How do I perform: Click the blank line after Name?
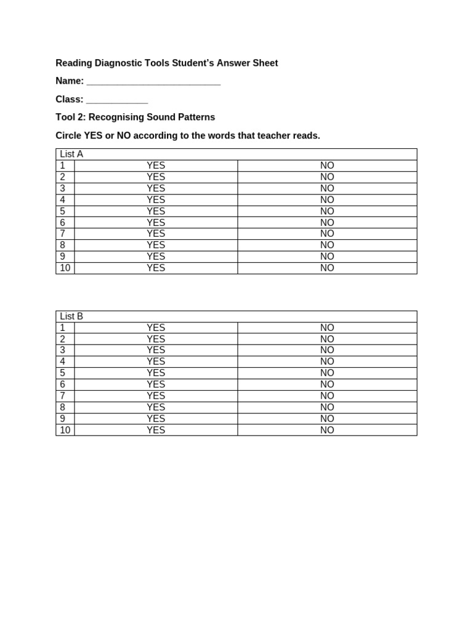153,82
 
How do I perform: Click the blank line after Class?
117,100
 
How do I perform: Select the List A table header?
71,154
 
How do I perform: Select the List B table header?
71,316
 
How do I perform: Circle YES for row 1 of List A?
156,165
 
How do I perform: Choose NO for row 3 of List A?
327,188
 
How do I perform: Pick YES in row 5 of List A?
156,211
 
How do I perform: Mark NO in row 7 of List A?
327,234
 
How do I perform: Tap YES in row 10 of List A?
156,268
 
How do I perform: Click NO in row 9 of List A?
327,257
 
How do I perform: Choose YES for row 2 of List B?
156,339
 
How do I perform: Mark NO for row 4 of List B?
327,362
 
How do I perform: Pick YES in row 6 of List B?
156,385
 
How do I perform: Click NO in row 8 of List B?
327,407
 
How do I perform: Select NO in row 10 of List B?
327,430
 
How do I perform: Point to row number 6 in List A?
63,223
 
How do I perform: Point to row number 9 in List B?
63,418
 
